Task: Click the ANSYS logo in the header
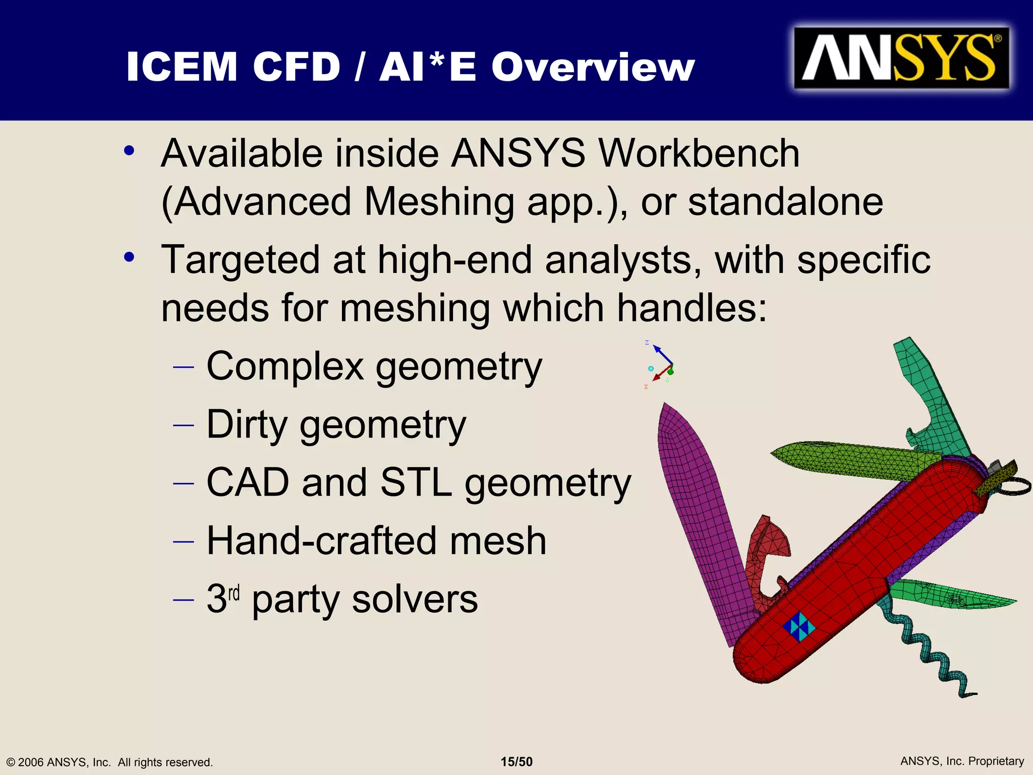(901, 59)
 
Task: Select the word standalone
(785, 202)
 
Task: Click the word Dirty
(247, 425)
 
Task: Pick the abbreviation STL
(416, 482)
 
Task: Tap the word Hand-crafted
(321, 541)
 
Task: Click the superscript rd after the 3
(234, 593)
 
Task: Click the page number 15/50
(516, 762)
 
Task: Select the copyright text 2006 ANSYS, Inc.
(65, 762)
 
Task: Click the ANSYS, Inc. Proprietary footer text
(962, 761)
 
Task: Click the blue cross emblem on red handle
(799, 626)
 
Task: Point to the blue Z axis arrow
(662, 354)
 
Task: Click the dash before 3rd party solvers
(183, 600)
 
